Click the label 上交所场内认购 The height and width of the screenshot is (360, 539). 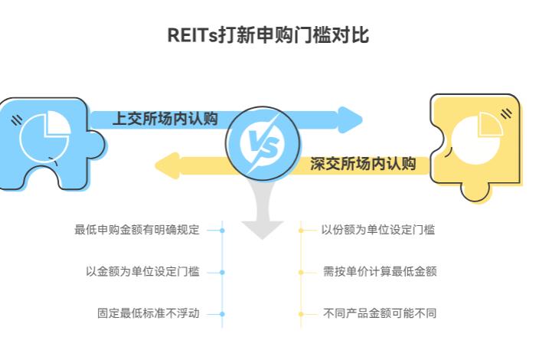[x=165, y=119]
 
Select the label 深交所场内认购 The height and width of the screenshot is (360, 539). [x=362, y=163]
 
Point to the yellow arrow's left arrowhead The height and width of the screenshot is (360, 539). [x=166, y=164]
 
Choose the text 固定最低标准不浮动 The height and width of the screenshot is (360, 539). [x=148, y=313]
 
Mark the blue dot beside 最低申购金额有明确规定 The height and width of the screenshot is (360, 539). [x=222, y=230]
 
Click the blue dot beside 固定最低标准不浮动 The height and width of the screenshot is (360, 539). [x=222, y=313]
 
